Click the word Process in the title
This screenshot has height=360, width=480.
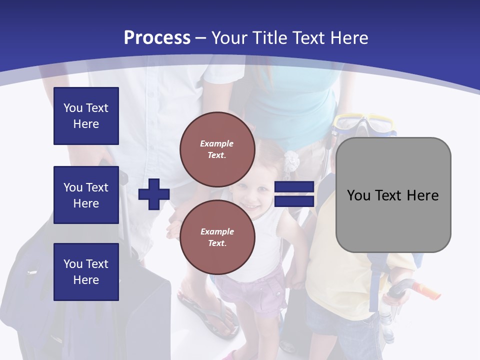[157, 38]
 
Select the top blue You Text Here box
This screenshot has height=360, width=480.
[86, 116]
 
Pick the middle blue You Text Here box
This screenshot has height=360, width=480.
[86, 195]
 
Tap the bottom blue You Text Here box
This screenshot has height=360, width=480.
[86, 272]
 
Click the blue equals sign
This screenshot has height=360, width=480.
[294, 194]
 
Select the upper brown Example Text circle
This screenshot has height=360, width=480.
[217, 149]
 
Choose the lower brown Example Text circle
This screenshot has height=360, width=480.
[217, 237]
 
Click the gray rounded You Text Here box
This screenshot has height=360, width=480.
[393, 195]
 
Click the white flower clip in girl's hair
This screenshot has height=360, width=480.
[291, 160]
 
